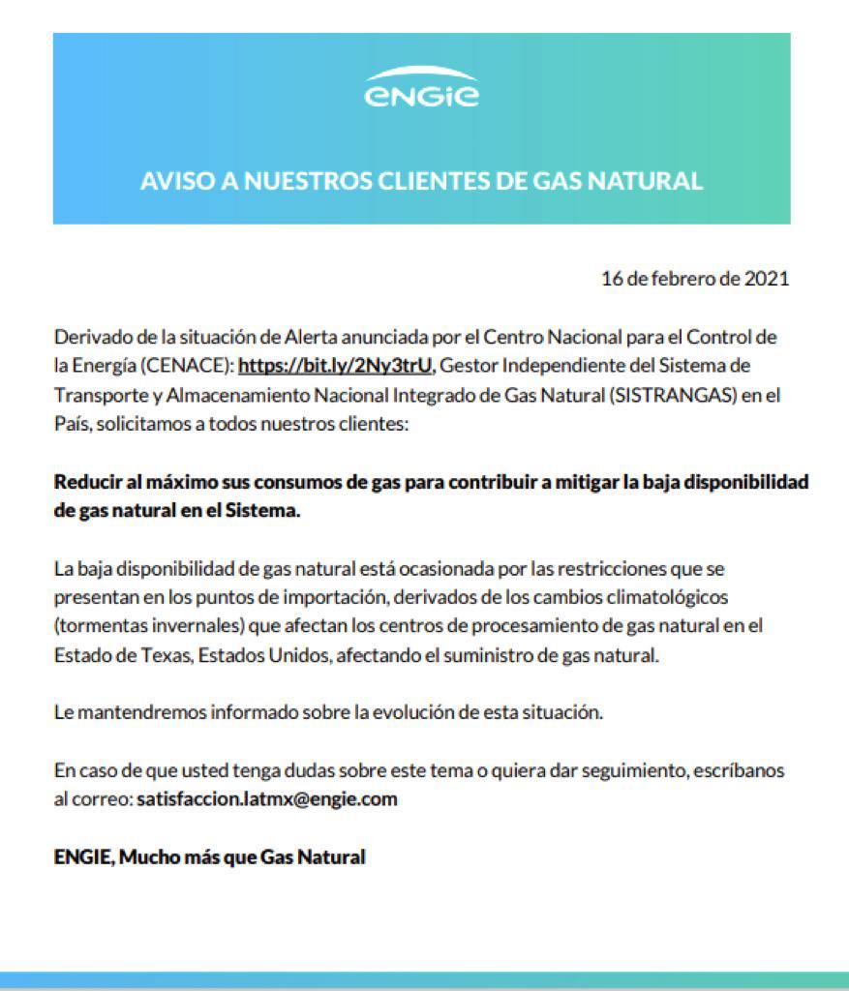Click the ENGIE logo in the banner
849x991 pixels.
[421, 88]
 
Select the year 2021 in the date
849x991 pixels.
[767, 279]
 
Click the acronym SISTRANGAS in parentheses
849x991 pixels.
[675, 396]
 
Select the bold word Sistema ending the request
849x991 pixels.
[267, 512]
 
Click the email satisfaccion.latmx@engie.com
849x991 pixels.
[267, 799]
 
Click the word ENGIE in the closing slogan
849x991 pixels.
[81, 856]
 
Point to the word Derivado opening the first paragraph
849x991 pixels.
[88, 338]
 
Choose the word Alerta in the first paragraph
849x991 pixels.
[312, 338]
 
